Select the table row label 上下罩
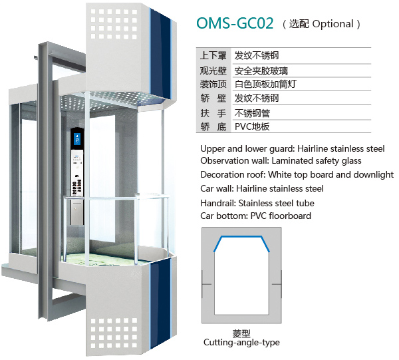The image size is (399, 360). coord(212,56)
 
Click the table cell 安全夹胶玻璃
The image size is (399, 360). coord(261,71)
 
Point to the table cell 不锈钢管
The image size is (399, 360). coord(252,112)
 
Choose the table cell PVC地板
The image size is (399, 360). coord(252,126)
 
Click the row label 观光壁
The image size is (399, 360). coord(212,71)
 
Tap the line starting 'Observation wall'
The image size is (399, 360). coord(281,161)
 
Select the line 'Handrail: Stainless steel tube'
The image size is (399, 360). coord(257,203)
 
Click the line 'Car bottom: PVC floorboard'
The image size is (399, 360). coord(255,216)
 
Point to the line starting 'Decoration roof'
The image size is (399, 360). coord(297,174)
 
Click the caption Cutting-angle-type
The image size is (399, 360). coord(241,343)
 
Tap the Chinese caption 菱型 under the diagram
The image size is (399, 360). coord(241,333)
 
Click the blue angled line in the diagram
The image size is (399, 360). coord(241,238)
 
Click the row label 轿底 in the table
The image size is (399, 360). coord(212,126)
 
